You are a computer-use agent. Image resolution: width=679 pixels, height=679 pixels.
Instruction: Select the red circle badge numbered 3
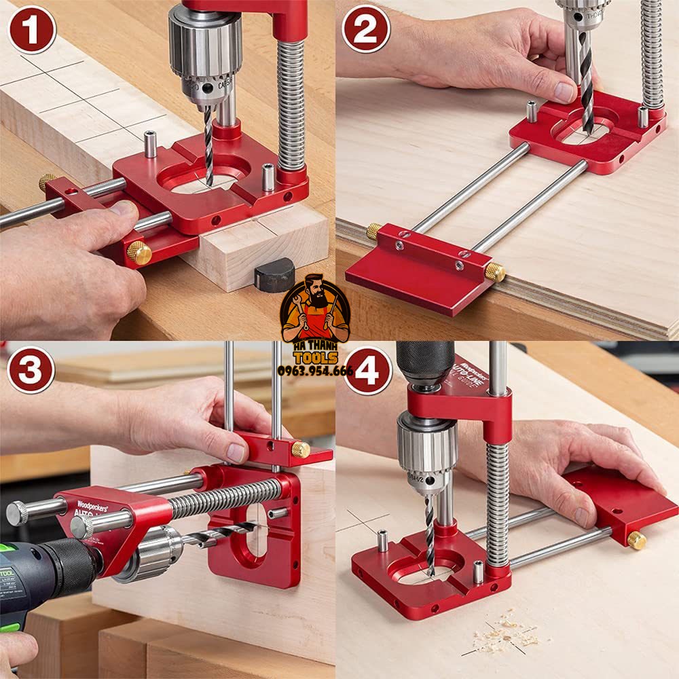pyautogui.click(x=31, y=369)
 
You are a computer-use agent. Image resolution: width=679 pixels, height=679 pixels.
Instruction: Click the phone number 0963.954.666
pyautogui.click(x=315, y=371)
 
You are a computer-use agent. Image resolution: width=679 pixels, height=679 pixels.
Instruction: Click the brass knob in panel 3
pyautogui.click(x=301, y=449)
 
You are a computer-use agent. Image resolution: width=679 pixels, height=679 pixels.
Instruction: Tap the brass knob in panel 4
pyautogui.click(x=636, y=540)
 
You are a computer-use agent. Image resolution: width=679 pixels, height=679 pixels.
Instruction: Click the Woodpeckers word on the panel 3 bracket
pyautogui.click(x=92, y=505)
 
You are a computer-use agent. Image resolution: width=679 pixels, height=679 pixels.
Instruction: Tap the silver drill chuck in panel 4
pyautogui.click(x=427, y=448)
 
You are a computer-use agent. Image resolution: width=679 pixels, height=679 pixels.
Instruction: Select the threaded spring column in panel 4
pyautogui.click(x=498, y=502)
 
